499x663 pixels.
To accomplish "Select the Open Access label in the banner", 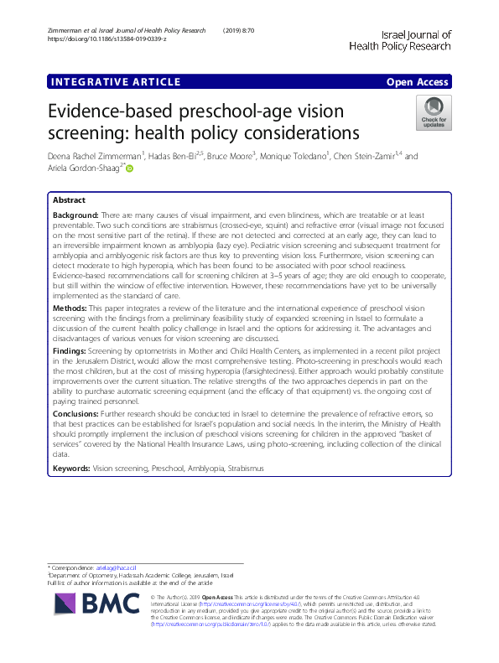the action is pos(417,82).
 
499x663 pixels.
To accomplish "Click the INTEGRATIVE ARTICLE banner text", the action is pos(116,82).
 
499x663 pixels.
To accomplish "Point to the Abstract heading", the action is pos(69,201).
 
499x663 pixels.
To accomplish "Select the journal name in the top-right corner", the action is pos(404,41).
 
